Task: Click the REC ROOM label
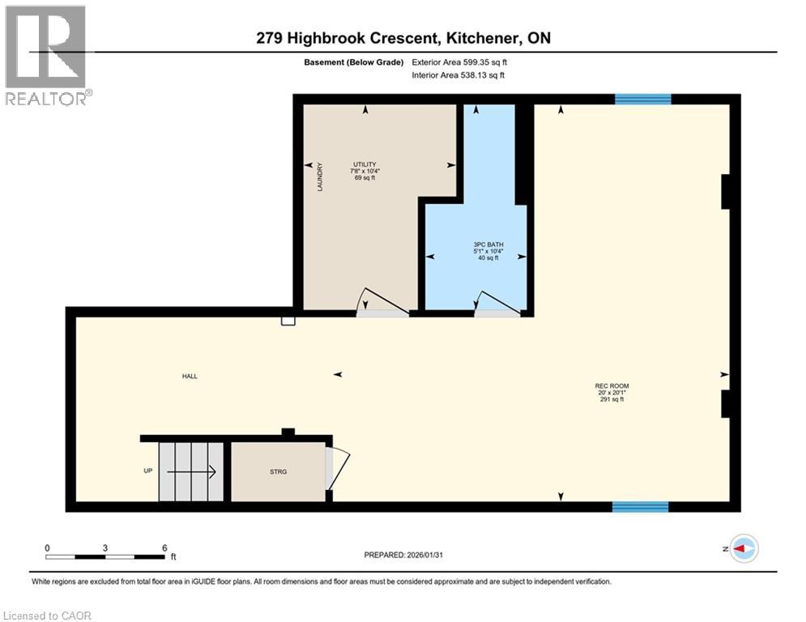[x=612, y=386]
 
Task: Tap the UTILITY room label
[x=365, y=164]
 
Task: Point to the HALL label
[x=190, y=376]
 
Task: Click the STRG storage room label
[x=279, y=471]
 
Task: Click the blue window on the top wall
[x=642, y=100]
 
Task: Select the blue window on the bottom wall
[x=640, y=507]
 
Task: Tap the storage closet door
[x=337, y=469]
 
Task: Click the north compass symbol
[x=743, y=549]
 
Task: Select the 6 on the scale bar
[x=164, y=547]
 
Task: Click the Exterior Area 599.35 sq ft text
[x=459, y=62]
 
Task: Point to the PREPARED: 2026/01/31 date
[x=406, y=555]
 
